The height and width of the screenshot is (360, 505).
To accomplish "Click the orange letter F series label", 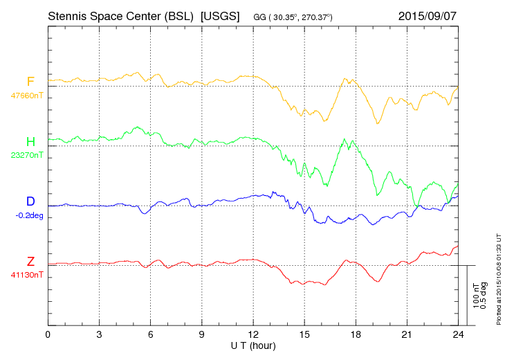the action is tap(30, 81).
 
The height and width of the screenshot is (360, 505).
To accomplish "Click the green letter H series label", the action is tap(30, 141).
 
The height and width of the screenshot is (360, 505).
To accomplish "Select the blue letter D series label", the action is tap(30, 201).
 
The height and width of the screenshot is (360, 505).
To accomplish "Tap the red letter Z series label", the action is tap(30, 261).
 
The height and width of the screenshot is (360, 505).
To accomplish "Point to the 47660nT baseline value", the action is tap(27, 96).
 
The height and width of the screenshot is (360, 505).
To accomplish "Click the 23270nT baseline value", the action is tap(27, 155).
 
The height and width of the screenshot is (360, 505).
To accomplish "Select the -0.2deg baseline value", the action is tap(29, 215).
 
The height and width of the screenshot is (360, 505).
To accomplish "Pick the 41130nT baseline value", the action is tap(27, 275).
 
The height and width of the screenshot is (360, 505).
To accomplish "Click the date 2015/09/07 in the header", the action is tap(428, 16).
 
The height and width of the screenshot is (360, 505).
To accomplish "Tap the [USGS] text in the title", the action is tap(220, 16).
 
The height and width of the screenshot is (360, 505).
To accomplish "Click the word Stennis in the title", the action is tap(67, 16).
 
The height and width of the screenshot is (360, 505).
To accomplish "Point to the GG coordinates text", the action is tap(293, 17).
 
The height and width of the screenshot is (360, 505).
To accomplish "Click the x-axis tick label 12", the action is tap(253, 335).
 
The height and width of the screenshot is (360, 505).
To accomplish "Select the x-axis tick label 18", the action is tap(356, 335).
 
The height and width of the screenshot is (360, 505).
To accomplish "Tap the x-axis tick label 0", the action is tap(48, 335).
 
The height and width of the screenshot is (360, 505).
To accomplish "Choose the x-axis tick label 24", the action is tap(458, 335).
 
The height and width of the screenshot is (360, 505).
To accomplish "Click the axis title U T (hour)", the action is tap(253, 346).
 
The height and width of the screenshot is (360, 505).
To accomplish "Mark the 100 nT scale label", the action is tap(476, 296).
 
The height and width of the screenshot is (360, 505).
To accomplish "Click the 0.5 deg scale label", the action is tap(484, 296).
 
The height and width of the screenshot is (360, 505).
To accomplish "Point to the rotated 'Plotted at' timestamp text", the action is tap(499, 279).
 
